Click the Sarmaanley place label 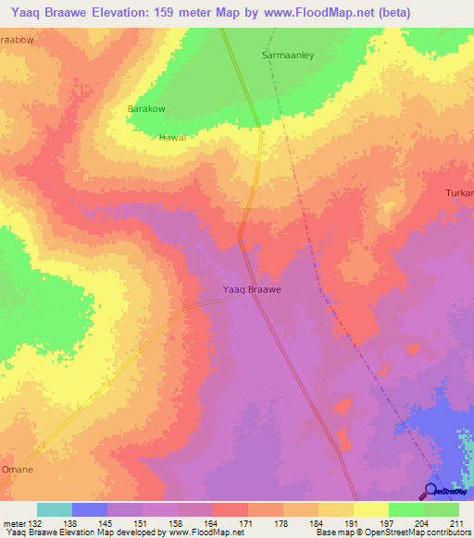point(288,55)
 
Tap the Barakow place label point(145,109)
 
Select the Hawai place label point(173,137)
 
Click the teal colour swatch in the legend point(55,509)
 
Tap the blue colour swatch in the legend point(90,509)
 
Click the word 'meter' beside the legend point(14,522)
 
